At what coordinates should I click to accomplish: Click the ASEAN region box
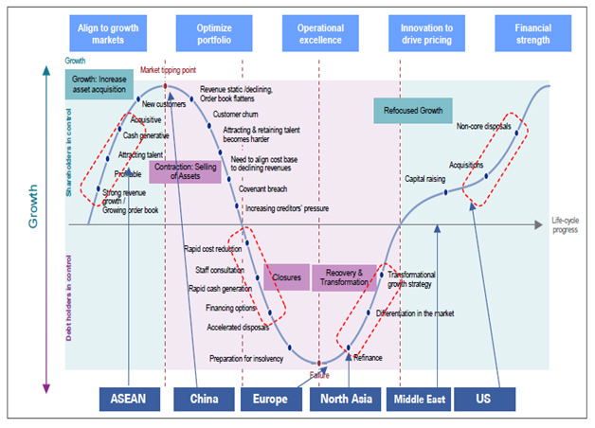[129, 399]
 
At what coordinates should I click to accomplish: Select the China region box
[204, 399]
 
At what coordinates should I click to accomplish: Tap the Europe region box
[270, 399]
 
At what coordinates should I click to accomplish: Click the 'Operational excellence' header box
[320, 33]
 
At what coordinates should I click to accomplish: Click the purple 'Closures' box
[288, 277]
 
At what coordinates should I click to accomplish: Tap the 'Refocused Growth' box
[413, 111]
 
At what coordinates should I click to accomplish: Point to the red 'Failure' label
[319, 374]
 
